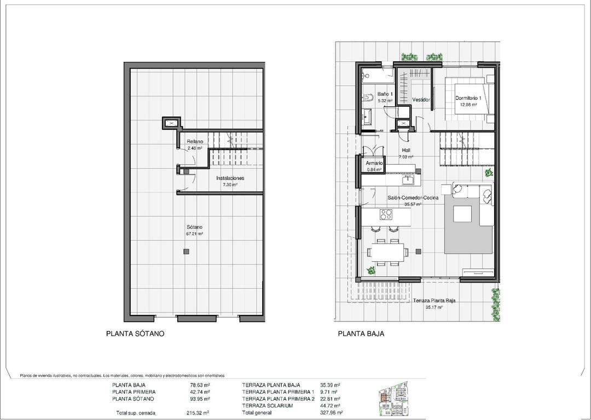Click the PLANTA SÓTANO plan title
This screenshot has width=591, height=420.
coord(135,333)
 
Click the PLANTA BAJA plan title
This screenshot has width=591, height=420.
coord(361,333)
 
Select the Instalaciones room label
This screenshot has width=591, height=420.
coord(230,179)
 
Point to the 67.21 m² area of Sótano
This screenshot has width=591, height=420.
coord(194,234)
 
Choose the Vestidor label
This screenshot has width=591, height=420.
coord(421,100)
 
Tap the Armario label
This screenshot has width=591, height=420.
coord(375,163)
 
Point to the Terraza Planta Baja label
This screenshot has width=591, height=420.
coord(434,301)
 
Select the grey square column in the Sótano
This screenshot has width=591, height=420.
coord(187,251)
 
